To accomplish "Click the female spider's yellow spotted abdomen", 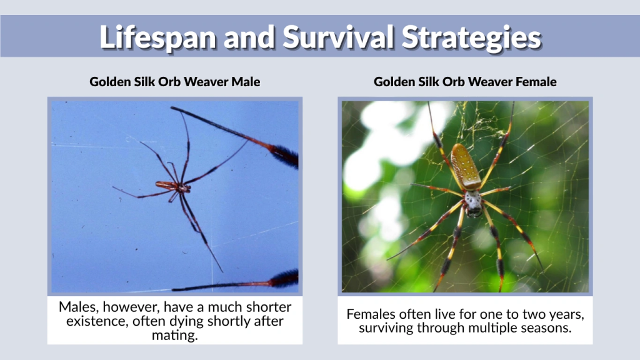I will (466, 166).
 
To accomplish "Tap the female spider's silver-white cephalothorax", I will (472, 201).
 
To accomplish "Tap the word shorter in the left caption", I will (268, 307).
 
